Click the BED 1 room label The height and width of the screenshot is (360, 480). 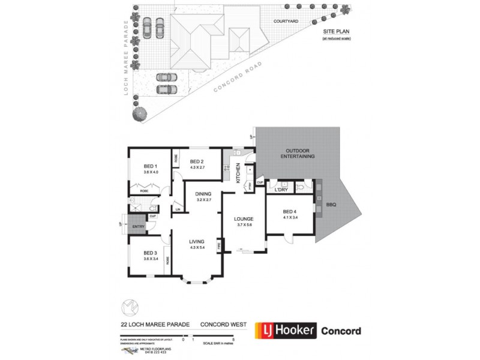tap(150, 166)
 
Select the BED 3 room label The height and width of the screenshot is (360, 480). tap(150, 253)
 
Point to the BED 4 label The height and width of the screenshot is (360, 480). tap(289, 211)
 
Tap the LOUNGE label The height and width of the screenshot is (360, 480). tap(244, 218)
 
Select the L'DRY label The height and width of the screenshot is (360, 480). tap(281, 190)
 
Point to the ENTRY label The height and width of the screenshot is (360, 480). tap(138, 226)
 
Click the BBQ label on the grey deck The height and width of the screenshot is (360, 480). tap(331, 205)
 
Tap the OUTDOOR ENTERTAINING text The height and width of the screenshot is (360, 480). tap(300, 154)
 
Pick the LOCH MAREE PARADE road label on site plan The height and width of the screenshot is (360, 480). tap(127, 48)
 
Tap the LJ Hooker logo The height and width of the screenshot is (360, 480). tap(285, 331)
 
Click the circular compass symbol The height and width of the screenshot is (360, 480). tap(130, 307)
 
